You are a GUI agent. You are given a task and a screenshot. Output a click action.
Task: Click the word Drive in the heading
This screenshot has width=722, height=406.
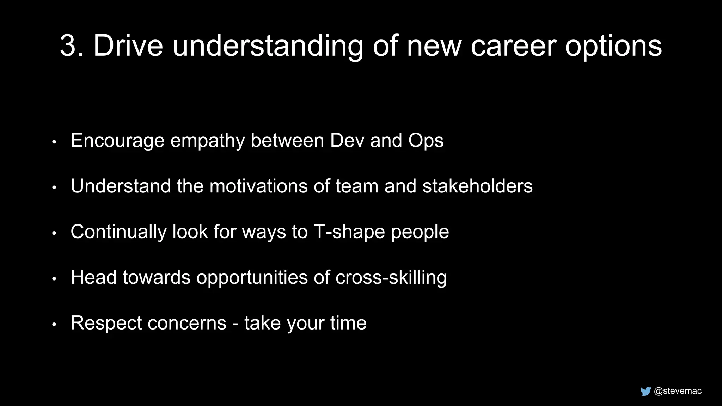pyautogui.click(x=128, y=46)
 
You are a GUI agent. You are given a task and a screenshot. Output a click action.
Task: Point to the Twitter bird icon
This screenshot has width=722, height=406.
pyautogui.click(x=645, y=391)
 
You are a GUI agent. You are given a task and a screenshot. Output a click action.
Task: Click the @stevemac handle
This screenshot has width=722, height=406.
pyautogui.click(x=678, y=391)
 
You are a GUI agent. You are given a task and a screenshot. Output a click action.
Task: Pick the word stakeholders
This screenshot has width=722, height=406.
pyautogui.click(x=477, y=186)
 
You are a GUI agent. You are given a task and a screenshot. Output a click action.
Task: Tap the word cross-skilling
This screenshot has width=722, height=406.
pyautogui.click(x=391, y=277)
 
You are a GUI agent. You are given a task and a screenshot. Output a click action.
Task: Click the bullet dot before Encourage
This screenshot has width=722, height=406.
pyautogui.click(x=54, y=142)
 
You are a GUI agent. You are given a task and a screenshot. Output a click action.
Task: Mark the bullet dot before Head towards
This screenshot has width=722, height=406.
pyautogui.click(x=54, y=279)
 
